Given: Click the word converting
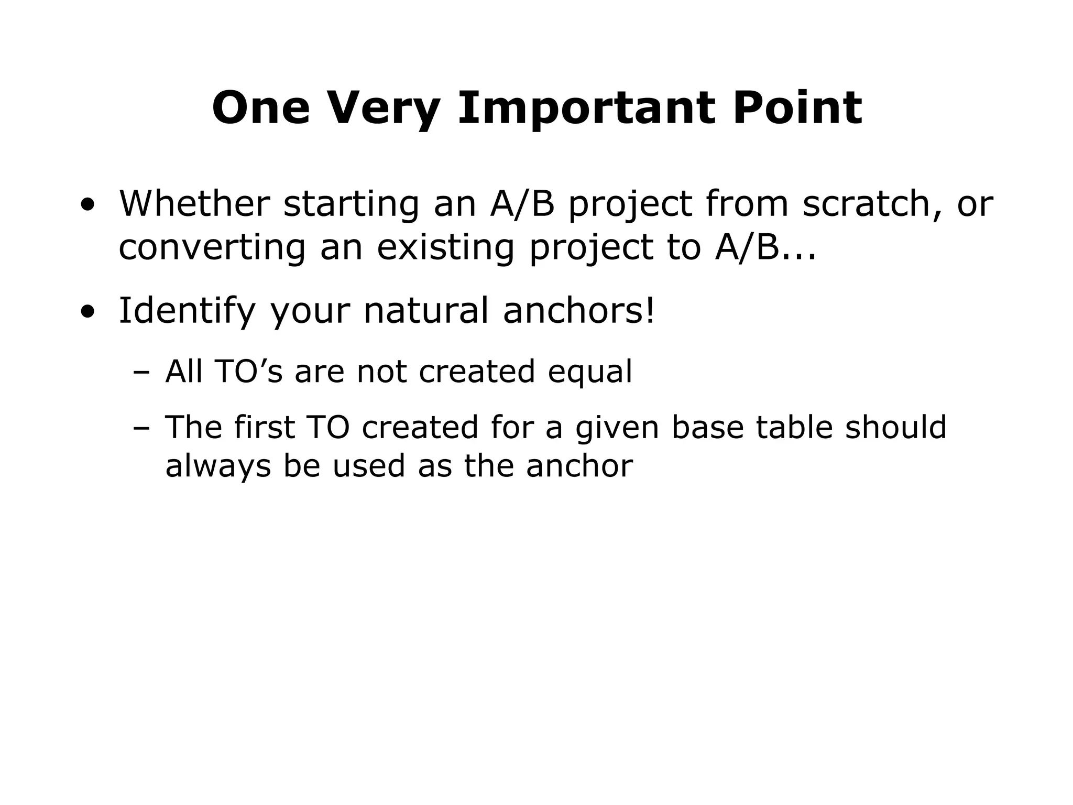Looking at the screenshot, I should coord(212,248).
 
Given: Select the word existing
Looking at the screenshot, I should coord(445,248).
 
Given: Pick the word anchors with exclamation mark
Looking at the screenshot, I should coord(578,310).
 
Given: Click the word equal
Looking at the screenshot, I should coord(590,373).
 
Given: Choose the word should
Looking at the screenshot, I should coord(896,427).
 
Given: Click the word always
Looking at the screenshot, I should coord(218,466).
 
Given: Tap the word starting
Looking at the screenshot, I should coord(351,204).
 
